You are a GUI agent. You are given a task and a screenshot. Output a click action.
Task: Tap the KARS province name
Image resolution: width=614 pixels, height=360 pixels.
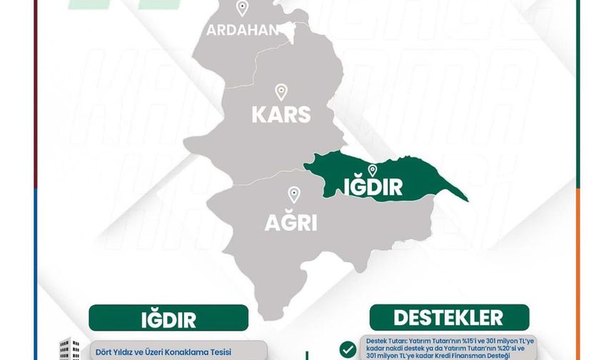(281, 114)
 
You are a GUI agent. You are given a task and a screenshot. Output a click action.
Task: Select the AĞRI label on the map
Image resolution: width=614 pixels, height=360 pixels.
(291, 223)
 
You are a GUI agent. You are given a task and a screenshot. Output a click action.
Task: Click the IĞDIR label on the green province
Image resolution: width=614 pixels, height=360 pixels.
(373, 188)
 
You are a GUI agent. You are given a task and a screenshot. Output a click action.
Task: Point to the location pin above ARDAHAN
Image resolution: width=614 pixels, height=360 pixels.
(242, 9)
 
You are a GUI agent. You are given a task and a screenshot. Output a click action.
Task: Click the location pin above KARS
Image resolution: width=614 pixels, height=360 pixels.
(281, 92)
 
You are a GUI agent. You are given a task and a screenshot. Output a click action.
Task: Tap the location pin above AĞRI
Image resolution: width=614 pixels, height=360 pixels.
(293, 194)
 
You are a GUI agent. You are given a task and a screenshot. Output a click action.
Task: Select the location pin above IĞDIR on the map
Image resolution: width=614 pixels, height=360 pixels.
(372, 170)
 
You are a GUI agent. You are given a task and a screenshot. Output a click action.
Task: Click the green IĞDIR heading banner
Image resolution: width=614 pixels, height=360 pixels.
(168, 319)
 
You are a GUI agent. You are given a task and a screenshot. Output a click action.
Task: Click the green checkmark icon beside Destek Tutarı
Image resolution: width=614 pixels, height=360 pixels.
(348, 349)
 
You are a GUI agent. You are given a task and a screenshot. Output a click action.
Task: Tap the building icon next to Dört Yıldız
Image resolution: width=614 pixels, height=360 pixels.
(70, 349)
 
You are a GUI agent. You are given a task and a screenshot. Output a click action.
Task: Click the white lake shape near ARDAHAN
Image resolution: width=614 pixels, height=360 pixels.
(288, 29)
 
